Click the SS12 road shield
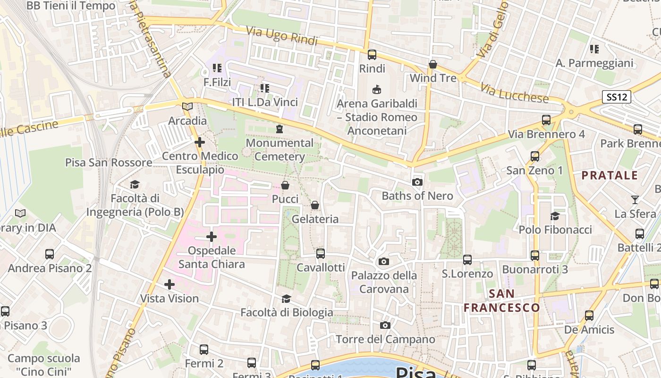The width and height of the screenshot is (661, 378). tap(617, 97)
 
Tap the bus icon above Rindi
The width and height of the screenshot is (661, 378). tap(372, 55)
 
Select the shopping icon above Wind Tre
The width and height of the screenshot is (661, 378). tap(433, 64)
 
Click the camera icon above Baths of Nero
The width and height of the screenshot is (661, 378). tap(417, 182)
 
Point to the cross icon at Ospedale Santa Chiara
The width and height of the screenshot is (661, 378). tap(212, 237)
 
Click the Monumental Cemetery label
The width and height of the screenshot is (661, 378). tap(280, 150)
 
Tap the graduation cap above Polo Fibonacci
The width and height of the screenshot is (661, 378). tap(555, 216)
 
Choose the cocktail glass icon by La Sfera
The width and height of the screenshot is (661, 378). tap(635, 200)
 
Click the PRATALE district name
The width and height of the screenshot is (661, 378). tap(610, 176)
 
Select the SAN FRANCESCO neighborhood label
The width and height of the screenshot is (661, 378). tap(501, 301)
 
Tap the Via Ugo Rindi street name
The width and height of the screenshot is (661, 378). tap(282, 36)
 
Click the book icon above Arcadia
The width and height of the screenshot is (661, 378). tap(187, 107)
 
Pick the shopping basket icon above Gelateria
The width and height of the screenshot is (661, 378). tap(315, 205)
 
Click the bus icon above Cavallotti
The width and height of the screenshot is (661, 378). tap(321, 254)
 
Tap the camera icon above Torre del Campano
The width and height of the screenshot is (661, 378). tap(385, 326)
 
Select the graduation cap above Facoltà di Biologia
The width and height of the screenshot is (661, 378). tap(286, 299)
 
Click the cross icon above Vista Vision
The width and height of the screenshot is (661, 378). tap(169, 284)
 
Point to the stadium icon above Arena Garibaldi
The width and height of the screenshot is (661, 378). tap(377, 89)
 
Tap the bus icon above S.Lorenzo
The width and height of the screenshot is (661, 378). tap(467, 260)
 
